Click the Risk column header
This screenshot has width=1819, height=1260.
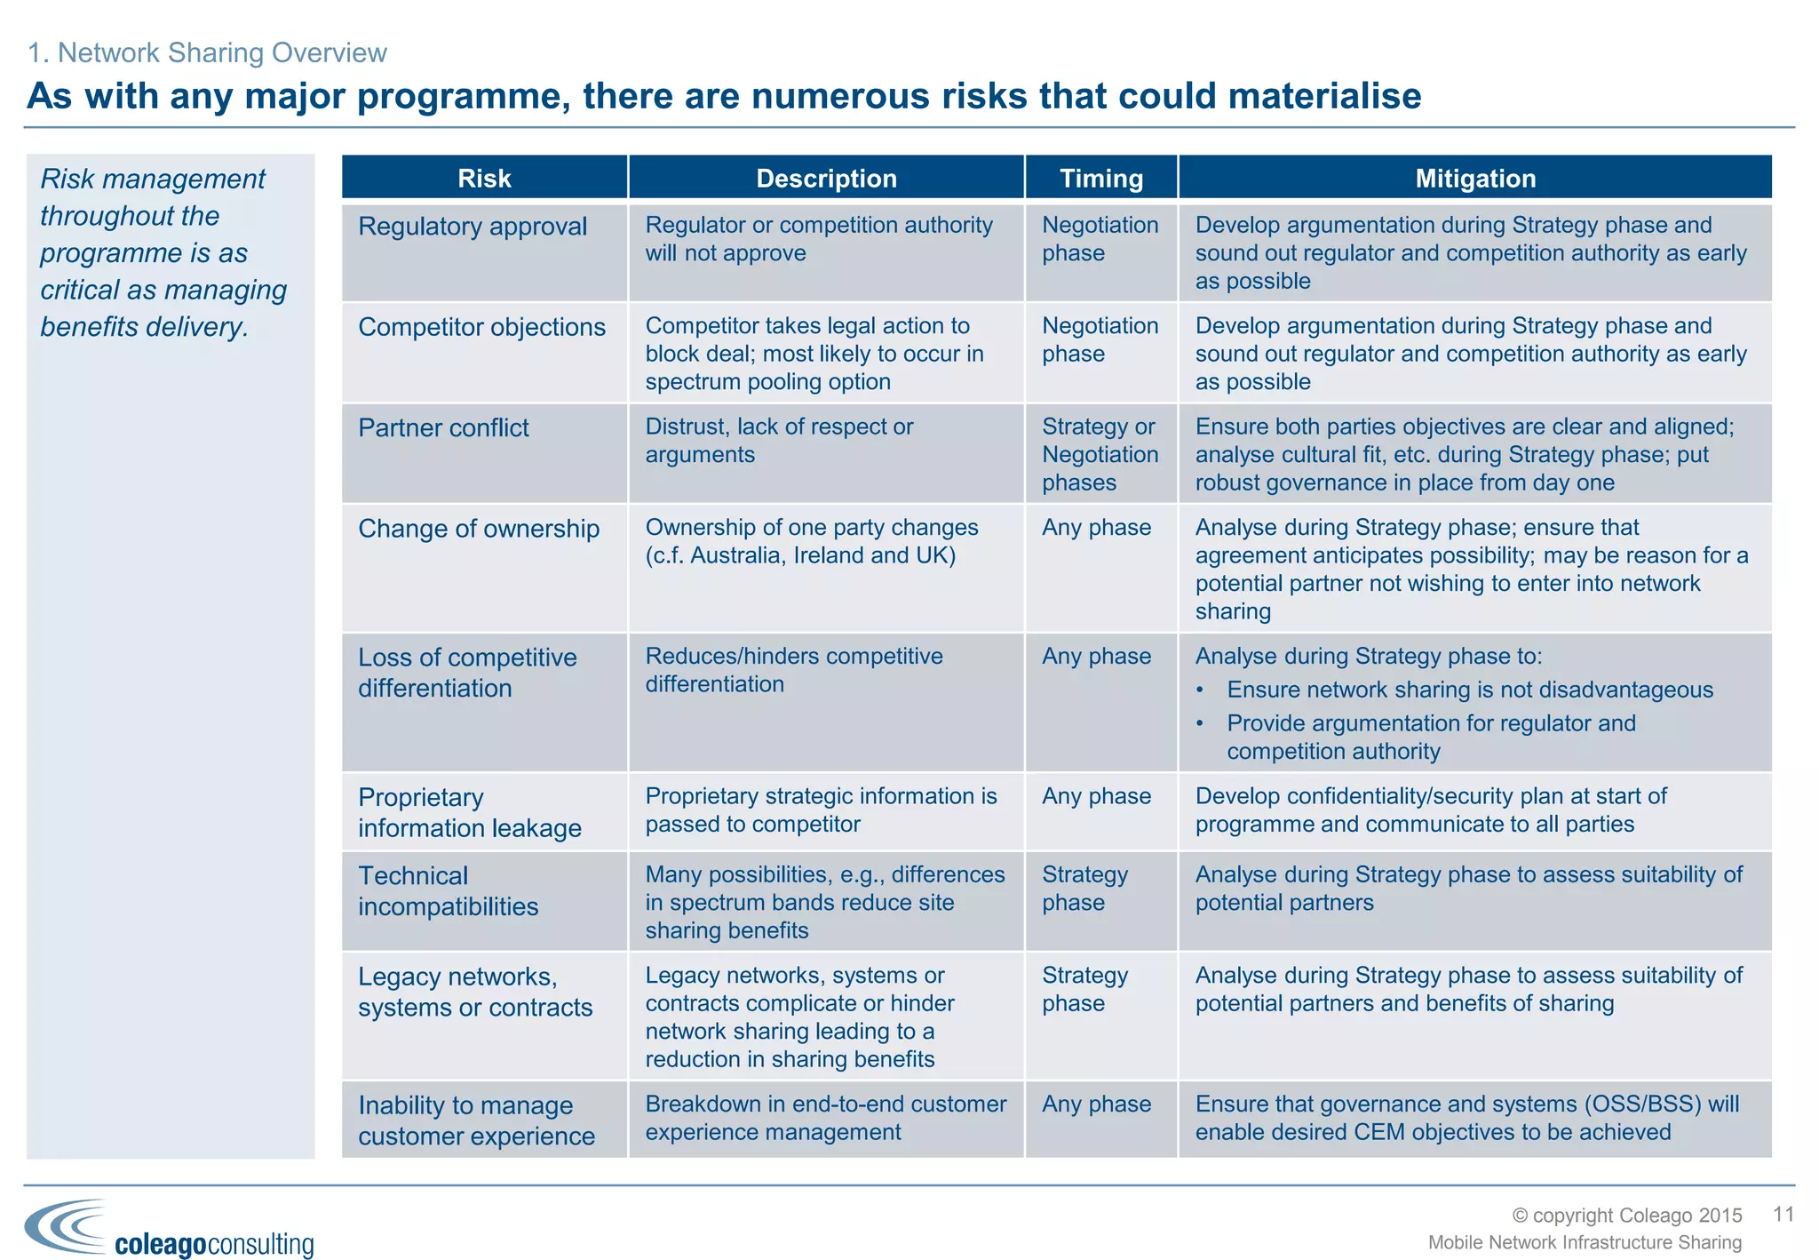pyautogui.click(x=484, y=178)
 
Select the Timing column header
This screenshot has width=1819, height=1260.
pyautogui.click(x=1101, y=178)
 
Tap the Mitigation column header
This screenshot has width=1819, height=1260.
pyautogui.click(x=1475, y=178)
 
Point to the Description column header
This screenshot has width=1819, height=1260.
pyautogui.click(x=826, y=178)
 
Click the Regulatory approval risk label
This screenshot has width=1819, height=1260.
pyautogui.click(x=473, y=227)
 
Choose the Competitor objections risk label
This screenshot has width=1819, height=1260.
pyautogui.click(x=481, y=327)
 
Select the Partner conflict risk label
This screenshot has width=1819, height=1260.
pyautogui.click(x=443, y=428)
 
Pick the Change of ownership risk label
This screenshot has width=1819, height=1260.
pyautogui.click(x=479, y=529)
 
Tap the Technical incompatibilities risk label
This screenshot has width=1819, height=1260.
pyautogui.click(x=448, y=891)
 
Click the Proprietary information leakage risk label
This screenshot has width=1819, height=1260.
pyautogui.click(x=469, y=812)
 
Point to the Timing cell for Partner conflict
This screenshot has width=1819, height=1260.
pyautogui.click(x=1100, y=455)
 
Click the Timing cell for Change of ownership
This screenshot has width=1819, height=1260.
pyautogui.click(x=1096, y=528)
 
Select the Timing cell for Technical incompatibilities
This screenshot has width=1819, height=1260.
pyautogui.click(x=1084, y=889)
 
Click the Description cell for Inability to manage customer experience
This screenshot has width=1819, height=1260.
pyautogui.click(x=825, y=1118)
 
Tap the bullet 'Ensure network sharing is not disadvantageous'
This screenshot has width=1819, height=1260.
pyautogui.click(x=1469, y=690)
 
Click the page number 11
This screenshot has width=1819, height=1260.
pyautogui.click(x=1783, y=1214)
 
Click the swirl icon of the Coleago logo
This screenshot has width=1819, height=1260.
pyautogui.click(x=66, y=1225)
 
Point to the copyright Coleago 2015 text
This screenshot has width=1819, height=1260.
pyautogui.click(x=1627, y=1216)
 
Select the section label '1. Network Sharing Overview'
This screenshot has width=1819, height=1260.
pyautogui.click(x=207, y=53)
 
